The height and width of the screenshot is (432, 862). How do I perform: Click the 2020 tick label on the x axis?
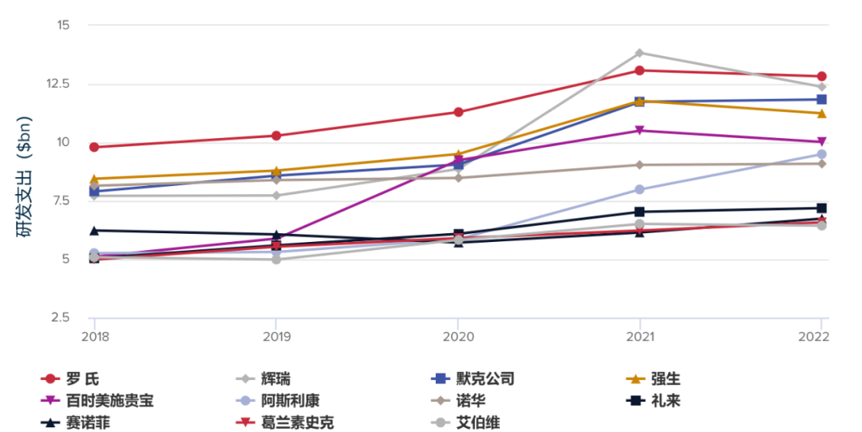457,336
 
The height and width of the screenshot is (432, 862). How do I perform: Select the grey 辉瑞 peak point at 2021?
639,54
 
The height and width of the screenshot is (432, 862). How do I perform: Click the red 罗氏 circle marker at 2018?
94,147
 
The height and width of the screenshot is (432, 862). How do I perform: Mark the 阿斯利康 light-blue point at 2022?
822,154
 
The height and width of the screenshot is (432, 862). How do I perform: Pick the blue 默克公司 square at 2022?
822,100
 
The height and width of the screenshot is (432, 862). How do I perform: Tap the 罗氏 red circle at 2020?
458,112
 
